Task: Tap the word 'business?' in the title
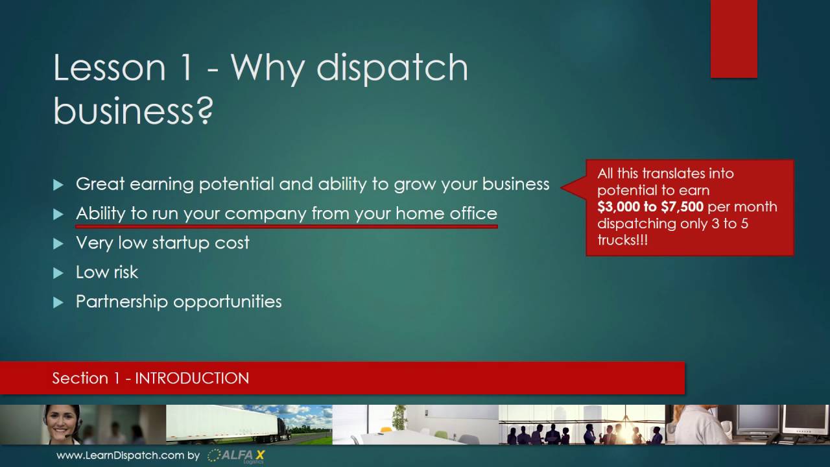coord(133,110)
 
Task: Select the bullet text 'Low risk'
coord(107,272)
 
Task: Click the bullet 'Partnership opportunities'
coord(178,302)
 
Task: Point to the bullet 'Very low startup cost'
coord(162,243)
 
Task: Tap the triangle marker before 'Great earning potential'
coord(58,185)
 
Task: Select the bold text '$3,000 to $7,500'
coord(650,207)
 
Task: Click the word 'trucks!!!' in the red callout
coord(622,240)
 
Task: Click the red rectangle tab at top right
coord(733,39)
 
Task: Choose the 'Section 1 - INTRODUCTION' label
coord(150,378)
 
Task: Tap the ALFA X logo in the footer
coord(237,455)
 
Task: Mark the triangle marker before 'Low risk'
coord(58,273)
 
